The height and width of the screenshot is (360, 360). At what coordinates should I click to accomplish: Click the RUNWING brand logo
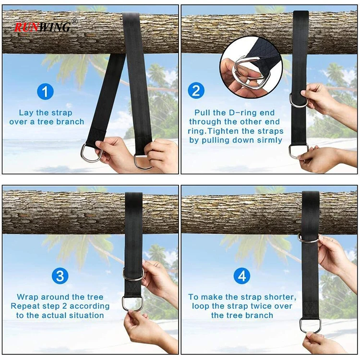43,27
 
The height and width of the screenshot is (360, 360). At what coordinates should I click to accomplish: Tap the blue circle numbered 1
45,91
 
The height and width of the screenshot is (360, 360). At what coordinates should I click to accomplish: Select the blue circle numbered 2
196,90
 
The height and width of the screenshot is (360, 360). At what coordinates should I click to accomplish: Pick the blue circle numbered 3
60,276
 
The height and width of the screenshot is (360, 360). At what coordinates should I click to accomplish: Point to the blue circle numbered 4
242,276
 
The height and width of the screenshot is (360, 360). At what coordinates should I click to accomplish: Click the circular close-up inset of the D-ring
251,68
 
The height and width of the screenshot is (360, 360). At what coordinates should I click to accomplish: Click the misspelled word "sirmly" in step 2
270,140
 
